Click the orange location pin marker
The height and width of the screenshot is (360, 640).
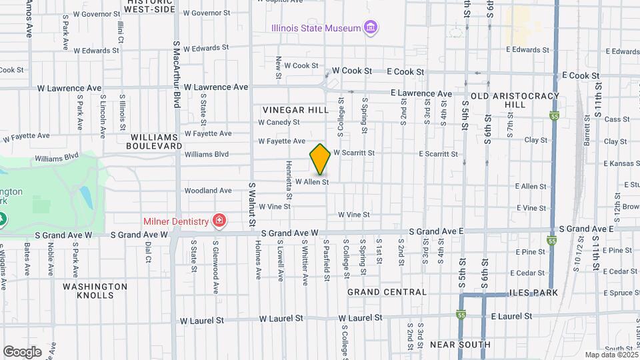click(x=320, y=159)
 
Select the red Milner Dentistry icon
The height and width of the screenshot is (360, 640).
click(x=218, y=220)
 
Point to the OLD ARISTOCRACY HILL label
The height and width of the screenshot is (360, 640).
click(x=515, y=101)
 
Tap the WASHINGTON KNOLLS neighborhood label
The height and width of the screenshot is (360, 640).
click(x=95, y=291)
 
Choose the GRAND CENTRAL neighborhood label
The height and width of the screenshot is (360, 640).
click(x=387, y=292)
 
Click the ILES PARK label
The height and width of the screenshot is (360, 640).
click(x=533, y=292)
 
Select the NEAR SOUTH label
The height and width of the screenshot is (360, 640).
click(x=460, y=345)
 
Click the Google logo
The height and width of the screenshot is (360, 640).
click(x=22, y=351)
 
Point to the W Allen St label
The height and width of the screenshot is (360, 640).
click(x=312, y=181)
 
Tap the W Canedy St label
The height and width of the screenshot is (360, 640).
click(x=279, y=122)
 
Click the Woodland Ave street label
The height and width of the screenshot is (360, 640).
click(x=209, y=191)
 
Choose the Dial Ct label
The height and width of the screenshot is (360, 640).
click(x=148, y=252)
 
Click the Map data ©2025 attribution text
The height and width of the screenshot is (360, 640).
click(x=611, y=355)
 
